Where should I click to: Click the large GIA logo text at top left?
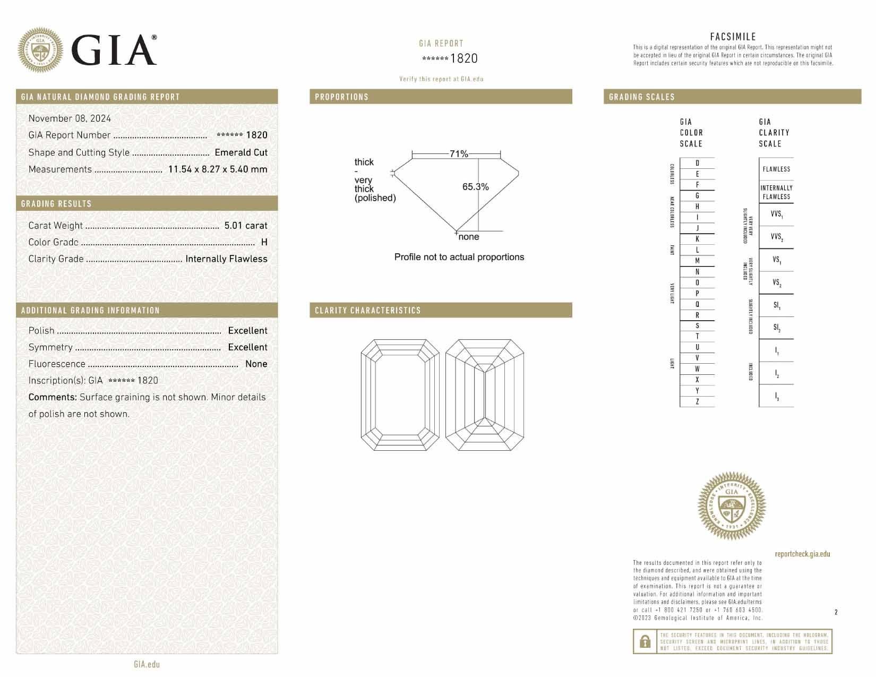click(114, 50)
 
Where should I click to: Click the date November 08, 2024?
click(70, 118)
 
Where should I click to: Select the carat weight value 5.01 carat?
click(245, 226)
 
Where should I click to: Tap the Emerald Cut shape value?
click(241, 152)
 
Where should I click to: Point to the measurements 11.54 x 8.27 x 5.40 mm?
click(218, 169)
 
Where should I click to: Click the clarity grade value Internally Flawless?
click(226, 259)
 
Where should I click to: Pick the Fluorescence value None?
click(256, 364)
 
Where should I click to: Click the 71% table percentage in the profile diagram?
click(459, 154)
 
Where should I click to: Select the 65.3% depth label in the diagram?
click(475, 187)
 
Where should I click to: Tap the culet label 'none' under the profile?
click(468, 237)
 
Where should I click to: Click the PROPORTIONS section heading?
click(341, 97)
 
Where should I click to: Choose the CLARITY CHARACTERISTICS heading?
click(367, 311)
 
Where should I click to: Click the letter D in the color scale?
click(697, 164)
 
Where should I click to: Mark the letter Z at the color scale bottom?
click(697, 402)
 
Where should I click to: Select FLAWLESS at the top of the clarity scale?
click(776, 169)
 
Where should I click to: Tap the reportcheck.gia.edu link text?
click(802, 554)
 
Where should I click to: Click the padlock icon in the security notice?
click(645, 641)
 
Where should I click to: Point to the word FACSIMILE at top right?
click(733, 37)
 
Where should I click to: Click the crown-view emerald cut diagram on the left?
click(400, 395)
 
